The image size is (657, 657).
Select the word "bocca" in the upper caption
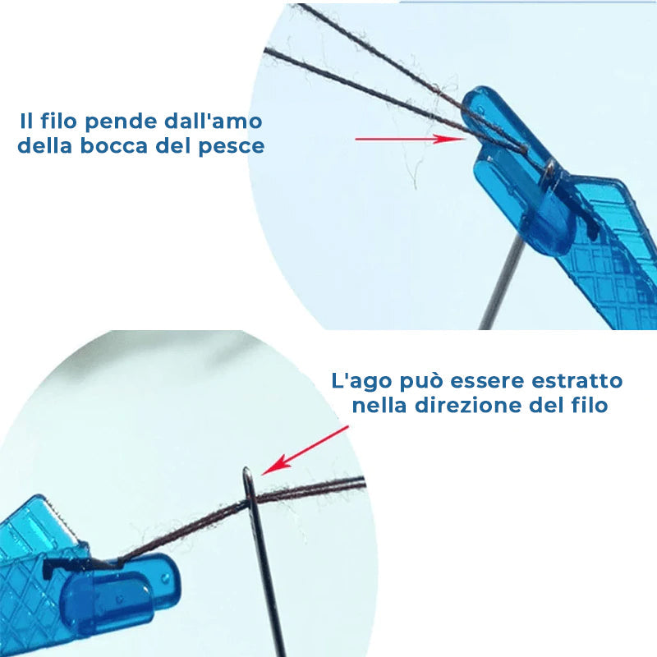coord(129,147)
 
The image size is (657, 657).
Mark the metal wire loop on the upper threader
coord(549,168)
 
